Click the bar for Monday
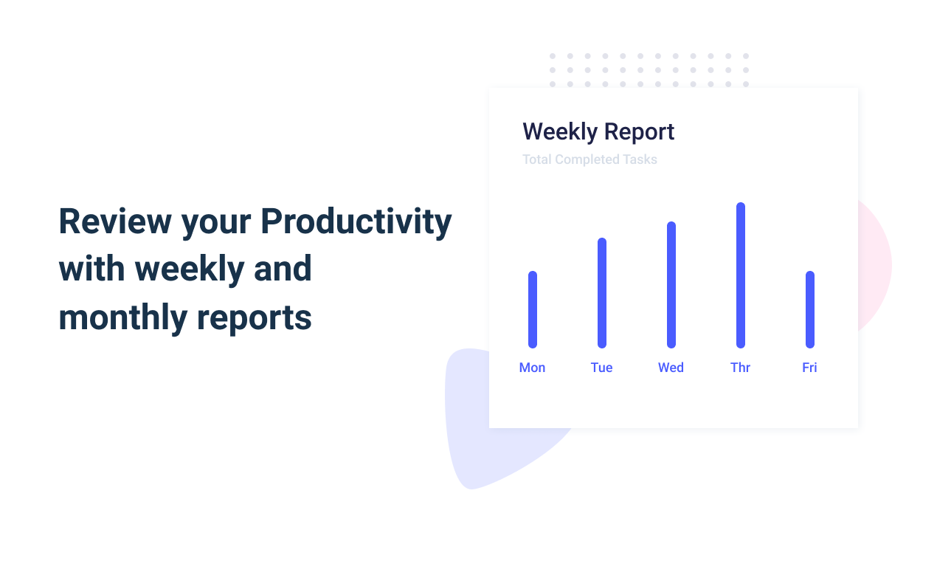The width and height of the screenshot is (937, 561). pos(533,309)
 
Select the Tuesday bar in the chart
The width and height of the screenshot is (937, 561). pos(602,292)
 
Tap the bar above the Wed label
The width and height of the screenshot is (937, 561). pos(671,285)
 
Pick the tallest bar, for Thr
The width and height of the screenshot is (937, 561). pos(741,275)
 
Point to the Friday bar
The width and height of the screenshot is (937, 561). pos(810,309)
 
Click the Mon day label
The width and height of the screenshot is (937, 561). pos(532,368)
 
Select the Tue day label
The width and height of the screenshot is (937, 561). pos(601,368)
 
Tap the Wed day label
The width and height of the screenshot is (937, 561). pos(671,368)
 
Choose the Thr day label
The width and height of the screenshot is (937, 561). pos(741,368)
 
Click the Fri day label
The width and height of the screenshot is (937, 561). pos(809,368)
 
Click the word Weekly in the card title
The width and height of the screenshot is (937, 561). pos(561,132)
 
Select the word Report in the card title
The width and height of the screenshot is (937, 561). pos(639,133)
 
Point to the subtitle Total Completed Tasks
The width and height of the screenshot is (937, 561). pos(589,159)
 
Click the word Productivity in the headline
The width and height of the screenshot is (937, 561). pos(356,222)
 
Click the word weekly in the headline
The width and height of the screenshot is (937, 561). pos(190,270)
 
